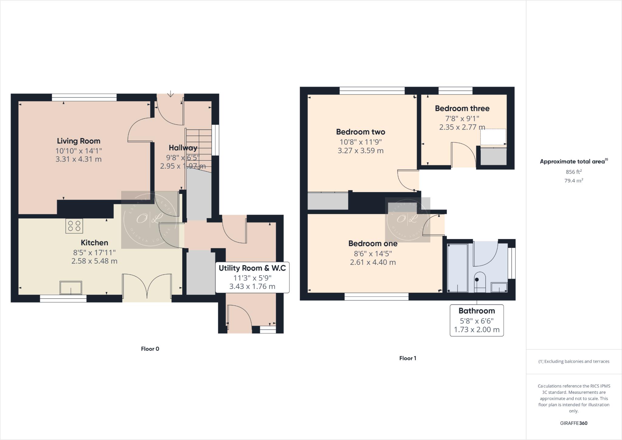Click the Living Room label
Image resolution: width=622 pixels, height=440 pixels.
[x=78, y=141]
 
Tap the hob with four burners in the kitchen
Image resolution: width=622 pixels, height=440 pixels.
[x=74, y=226]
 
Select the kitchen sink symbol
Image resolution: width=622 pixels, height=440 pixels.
[x=71, y=288]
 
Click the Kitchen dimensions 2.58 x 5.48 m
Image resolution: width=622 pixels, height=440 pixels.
[x=94, y=261]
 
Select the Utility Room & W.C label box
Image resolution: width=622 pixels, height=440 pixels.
[x=252, y=277]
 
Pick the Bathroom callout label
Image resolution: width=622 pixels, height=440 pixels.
[x=477, y=320]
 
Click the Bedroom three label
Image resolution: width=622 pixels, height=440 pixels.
[x=462, y=108]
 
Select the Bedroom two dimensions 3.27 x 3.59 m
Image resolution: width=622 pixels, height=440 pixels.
[x=361, y=151]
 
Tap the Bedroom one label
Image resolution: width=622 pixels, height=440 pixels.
[x=373, y=243]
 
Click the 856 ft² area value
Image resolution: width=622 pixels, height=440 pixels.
[x=573, y=172]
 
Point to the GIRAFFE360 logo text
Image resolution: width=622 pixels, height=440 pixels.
[x=573, y=423]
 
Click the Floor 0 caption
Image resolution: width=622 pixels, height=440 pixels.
[x=150, y=349]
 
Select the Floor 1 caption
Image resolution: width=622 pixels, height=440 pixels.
[x=408, y=358]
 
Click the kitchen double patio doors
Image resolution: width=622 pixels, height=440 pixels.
[x=147, y=287]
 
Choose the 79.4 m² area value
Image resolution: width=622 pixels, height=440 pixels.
[x=573, y=181]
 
